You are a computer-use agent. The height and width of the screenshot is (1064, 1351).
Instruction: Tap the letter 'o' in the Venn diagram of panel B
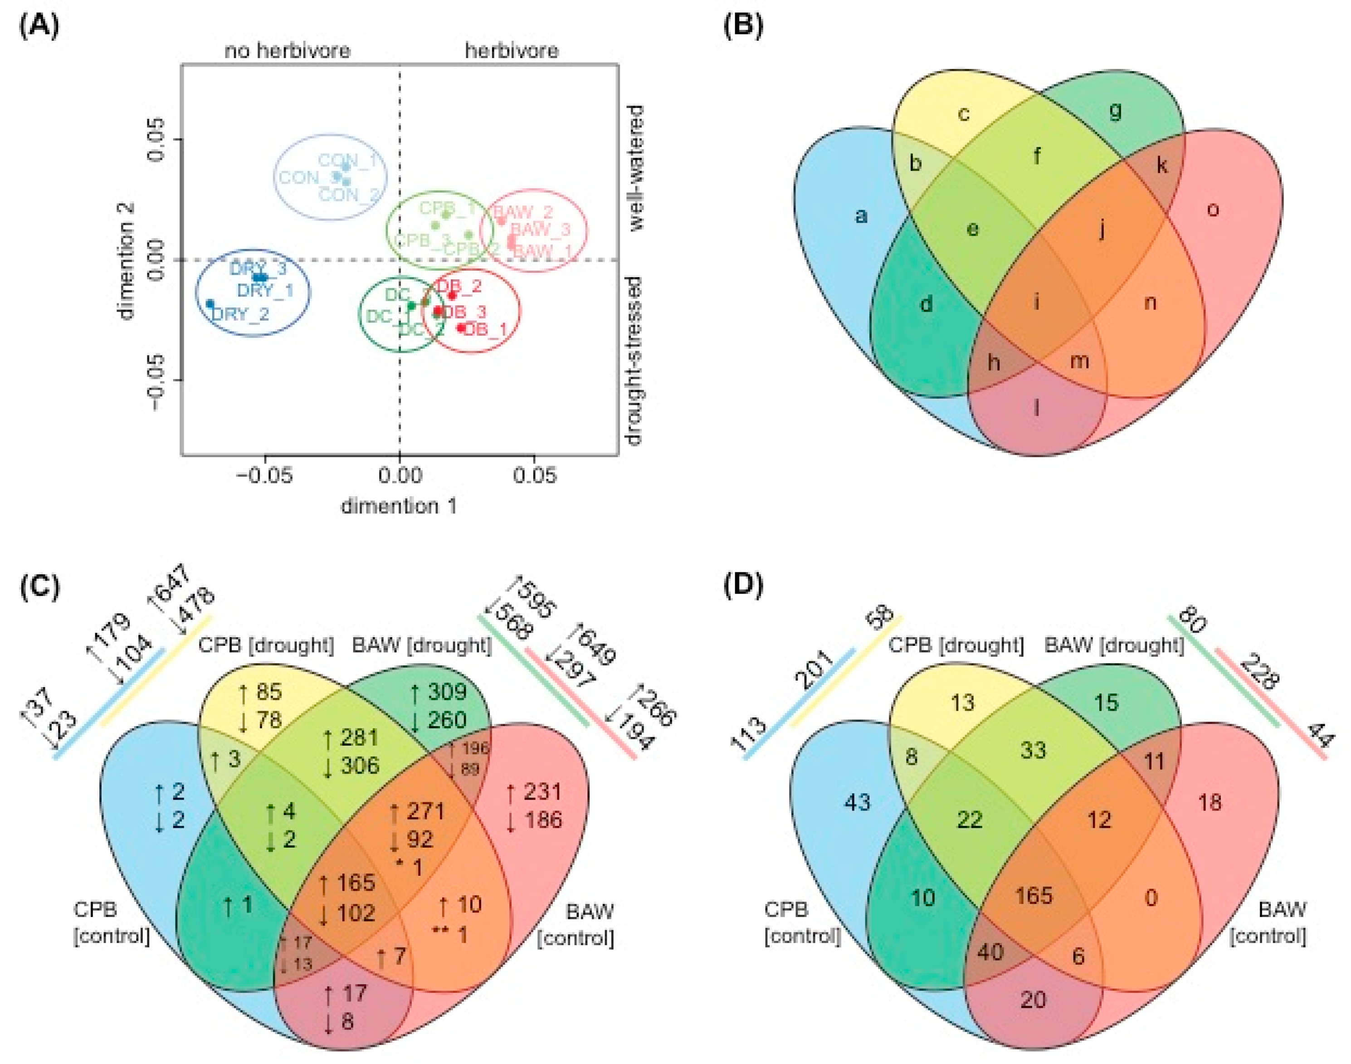tap(1212, 210)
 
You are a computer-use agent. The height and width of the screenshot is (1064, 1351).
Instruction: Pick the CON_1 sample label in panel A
tap(347, 161)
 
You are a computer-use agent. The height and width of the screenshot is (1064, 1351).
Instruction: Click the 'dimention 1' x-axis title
tap(399, 506)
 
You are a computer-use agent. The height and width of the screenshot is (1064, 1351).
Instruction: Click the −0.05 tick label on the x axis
tap(264, 475)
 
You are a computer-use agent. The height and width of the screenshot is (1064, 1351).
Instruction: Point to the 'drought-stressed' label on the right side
tap(634, 361)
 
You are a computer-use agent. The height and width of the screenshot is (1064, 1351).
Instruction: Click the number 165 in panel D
tap(1034, 896)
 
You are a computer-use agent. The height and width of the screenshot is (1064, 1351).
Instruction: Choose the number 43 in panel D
tap(857, 802)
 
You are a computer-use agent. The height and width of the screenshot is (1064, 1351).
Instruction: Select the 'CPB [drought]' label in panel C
tap(266, 645)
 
